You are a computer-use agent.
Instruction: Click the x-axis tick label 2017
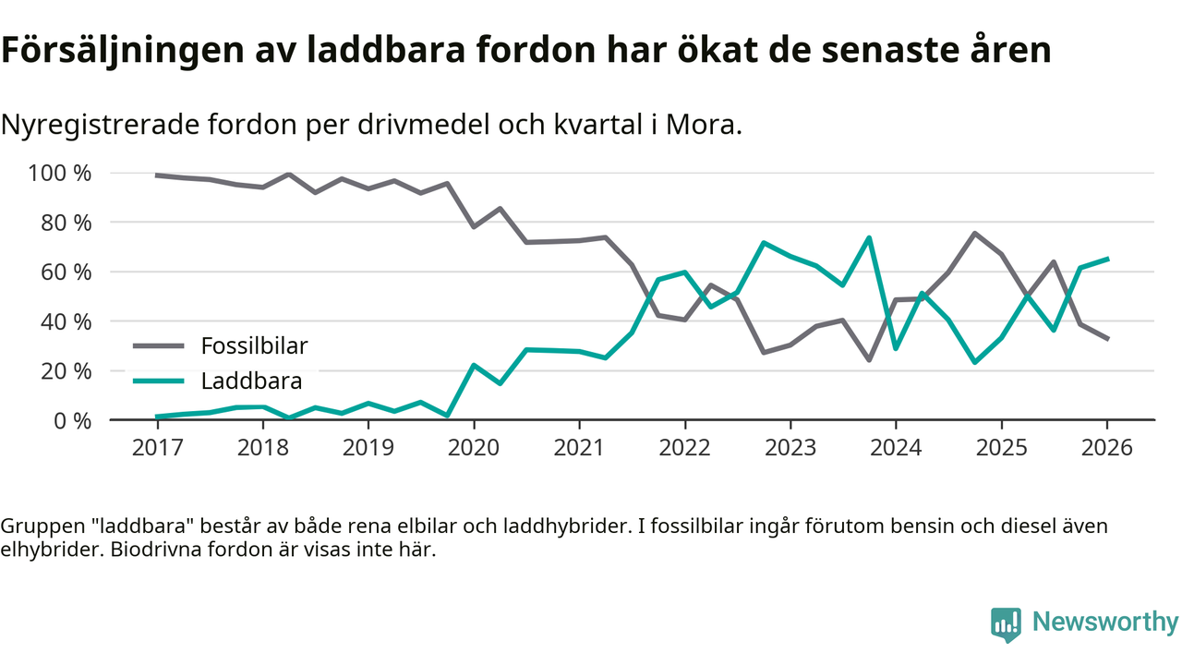[157, 448]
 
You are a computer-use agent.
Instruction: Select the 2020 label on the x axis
[474, 448]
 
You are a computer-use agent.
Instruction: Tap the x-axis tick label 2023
[790, 448]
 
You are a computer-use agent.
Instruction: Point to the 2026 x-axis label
[1107, 448]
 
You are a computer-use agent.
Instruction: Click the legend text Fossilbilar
[254, 346]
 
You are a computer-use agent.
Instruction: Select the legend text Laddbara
[251, 380]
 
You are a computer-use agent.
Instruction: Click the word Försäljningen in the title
[117, 51]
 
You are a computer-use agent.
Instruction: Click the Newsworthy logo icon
[1006, 623]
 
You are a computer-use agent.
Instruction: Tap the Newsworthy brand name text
[1104, 623]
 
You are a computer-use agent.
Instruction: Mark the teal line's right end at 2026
[1107, 259]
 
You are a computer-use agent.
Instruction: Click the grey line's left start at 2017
[157, 175]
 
